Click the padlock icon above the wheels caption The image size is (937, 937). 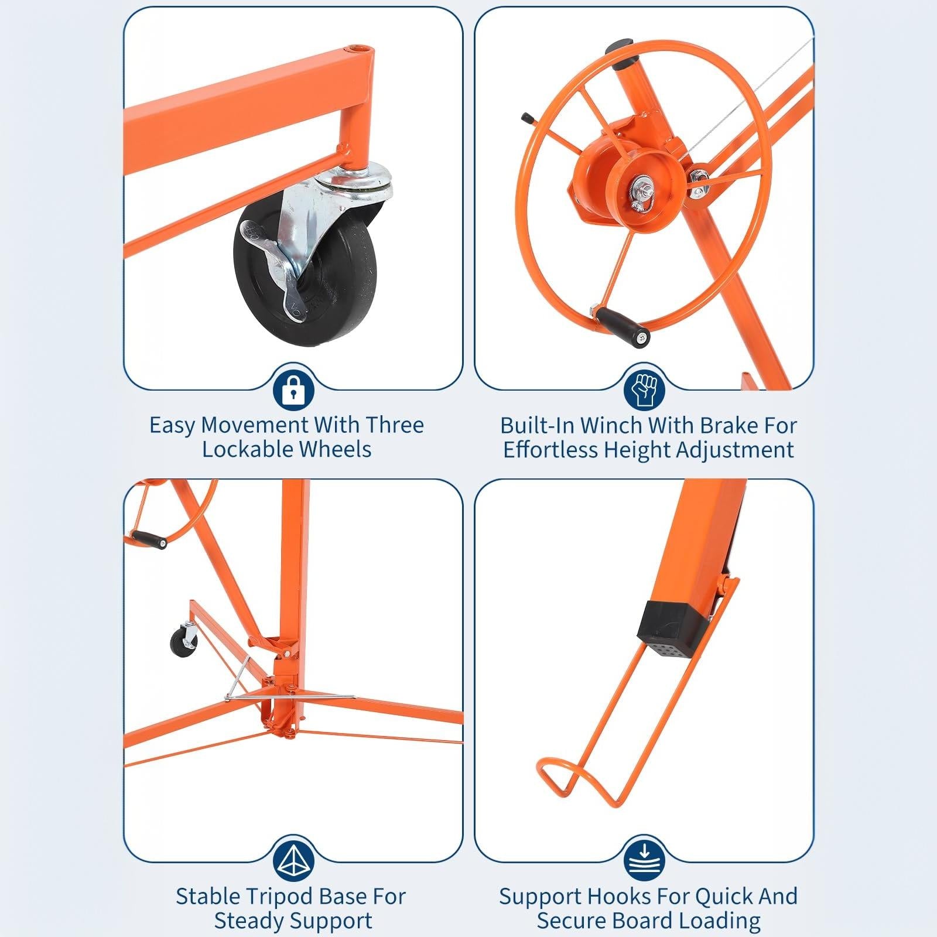293,389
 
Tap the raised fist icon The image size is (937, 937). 644,389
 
